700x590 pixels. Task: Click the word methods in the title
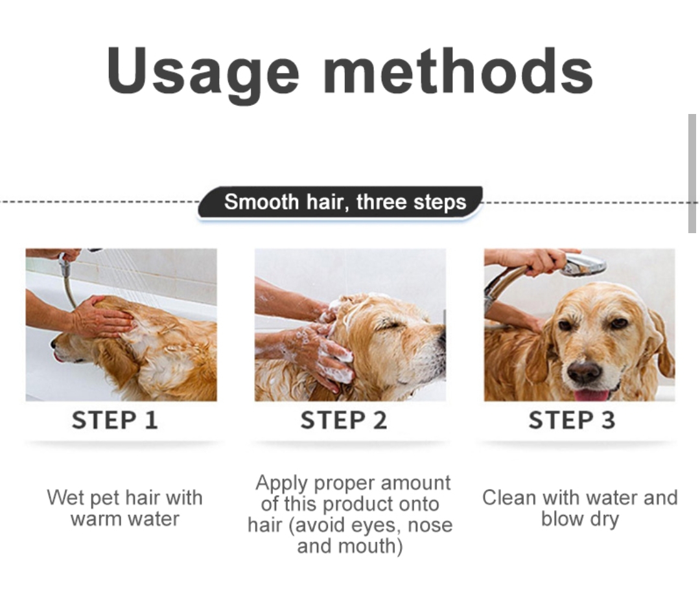pos(458,71)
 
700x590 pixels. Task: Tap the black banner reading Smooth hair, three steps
pos(340,202)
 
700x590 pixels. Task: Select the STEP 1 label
pos(115,420)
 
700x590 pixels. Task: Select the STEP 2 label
pos(344,420)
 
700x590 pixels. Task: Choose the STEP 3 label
pos(572,420)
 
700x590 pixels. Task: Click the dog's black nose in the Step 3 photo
pos(585,371)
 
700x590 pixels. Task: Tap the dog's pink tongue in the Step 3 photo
pos(592,395)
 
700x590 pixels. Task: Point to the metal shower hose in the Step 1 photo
pos(68,282)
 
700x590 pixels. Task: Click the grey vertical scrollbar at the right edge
pos(692,173)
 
